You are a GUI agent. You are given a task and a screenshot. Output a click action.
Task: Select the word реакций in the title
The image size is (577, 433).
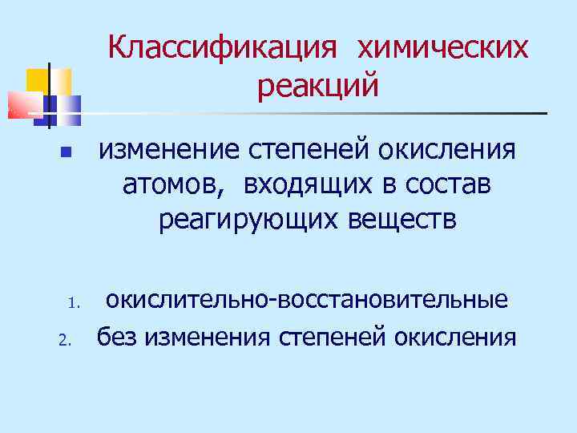(x=318, y=84)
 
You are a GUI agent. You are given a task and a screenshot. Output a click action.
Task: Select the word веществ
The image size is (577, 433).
(x=410, y=219)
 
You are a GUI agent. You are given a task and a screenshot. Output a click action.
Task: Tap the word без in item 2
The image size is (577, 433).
(x=117, y=338)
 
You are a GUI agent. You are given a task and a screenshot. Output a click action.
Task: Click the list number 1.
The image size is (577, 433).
(x=71, y=304)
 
